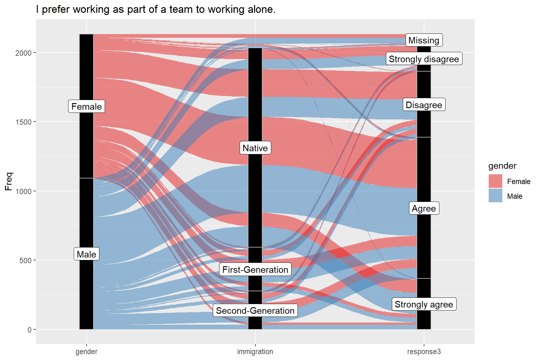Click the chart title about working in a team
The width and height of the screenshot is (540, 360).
(x=156, y=9)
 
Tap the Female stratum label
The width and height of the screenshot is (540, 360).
(x=86, y=107)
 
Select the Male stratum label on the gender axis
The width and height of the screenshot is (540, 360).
(x=86, y=254)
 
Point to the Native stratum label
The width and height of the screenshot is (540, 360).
(x=255, y=148)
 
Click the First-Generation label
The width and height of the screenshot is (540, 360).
(x=255, y=270)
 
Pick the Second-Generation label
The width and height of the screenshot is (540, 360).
(x=255, y=311)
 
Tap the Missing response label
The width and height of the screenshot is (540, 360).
(x=424, y=40)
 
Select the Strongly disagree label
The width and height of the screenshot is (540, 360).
(x=424, y=59)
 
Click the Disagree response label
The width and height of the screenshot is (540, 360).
(x=424, y=105)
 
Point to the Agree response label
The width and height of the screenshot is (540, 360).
(x=424, y=208)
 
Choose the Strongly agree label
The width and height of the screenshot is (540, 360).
(x=424, y=304)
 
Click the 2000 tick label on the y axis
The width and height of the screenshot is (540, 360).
(x=23, y=53)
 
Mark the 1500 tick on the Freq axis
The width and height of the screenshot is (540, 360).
(x=23, y=122)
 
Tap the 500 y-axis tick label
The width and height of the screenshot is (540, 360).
(x=25, y=260)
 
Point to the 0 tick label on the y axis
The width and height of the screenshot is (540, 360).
(x=29, y=330)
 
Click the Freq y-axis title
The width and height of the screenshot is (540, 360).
(x=8, y=181)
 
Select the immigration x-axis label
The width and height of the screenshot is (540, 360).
(x=255, y=352)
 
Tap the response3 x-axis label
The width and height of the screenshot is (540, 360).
(x=424, y=352)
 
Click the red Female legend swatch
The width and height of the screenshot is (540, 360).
(x=495, y=181)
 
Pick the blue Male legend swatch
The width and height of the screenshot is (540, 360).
(x=495, y=196)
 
